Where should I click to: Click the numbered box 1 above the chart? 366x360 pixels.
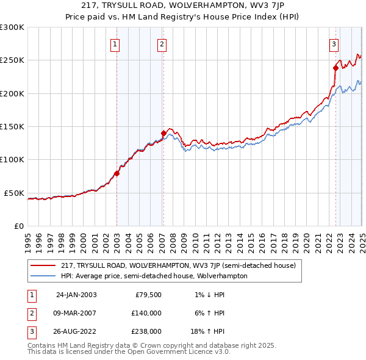tap(115, 43)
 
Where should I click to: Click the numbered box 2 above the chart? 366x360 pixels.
tap(162, 43)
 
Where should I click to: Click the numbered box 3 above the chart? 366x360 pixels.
tap(334, 43)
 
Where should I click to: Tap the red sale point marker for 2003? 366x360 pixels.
tap(117, 173)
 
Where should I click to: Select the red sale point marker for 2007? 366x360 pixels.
tap(163, 133)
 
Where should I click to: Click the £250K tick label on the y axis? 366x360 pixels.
tap(12, 60)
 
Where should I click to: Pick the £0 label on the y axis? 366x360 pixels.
tap(19, 226)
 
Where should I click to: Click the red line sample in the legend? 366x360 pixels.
tap(43, 265)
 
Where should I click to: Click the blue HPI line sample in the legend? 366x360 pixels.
tap(43, 276)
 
